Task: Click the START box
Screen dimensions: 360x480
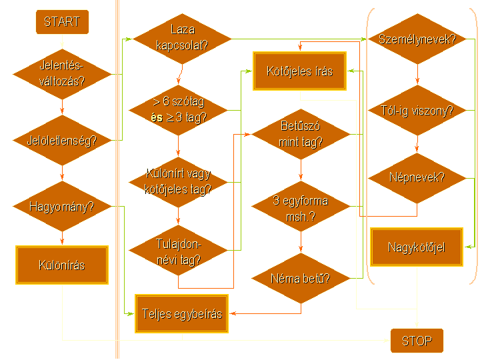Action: pos(61,22)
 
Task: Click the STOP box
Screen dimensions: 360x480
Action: pos(417,341)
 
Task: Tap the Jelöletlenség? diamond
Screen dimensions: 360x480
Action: pos(61,141)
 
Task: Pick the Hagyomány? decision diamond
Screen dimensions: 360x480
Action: pos(61,207)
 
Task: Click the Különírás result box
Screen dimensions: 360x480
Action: pos(61,265)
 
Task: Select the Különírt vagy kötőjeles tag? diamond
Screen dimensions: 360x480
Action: pos(178,181)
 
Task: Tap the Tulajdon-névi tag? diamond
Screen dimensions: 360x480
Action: pos(178,251)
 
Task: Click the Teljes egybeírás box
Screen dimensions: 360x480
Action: pos(181,313)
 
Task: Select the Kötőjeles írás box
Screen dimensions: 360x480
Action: pos(300,71)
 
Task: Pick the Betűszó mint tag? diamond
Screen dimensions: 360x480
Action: pos(301,134)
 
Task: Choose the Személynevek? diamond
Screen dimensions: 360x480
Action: pos(417,39)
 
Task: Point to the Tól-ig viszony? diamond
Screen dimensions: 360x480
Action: pos(417,110)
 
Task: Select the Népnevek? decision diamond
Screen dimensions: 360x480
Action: pos(417,178)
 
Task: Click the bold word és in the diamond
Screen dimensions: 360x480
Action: pos(157,117)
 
